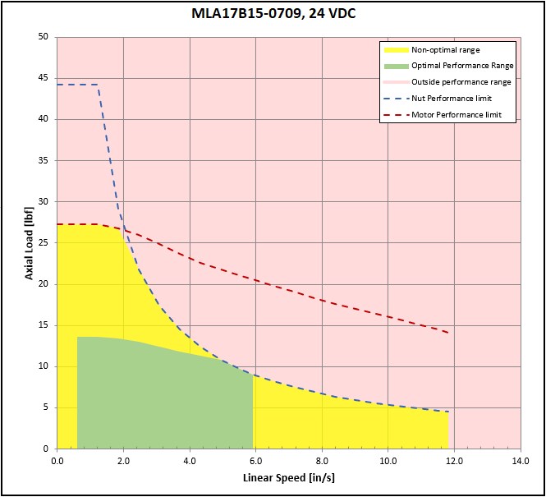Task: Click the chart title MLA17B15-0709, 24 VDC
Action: (x=273, y=14)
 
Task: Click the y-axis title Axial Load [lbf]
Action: (x=30, y=243)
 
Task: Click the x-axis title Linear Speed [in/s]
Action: (x=288, y=477)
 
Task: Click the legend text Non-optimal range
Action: (x=446, y=50)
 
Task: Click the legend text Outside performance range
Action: (x=461, y=82)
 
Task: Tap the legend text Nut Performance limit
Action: (x=455, y=99)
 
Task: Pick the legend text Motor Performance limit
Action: (x=457, y=115)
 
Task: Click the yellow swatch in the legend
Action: (x=394, y=50)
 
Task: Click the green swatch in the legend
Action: (x=394, y=66)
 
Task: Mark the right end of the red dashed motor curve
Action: (x=448, y=333)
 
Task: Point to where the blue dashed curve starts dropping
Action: (x=98, y=85)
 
